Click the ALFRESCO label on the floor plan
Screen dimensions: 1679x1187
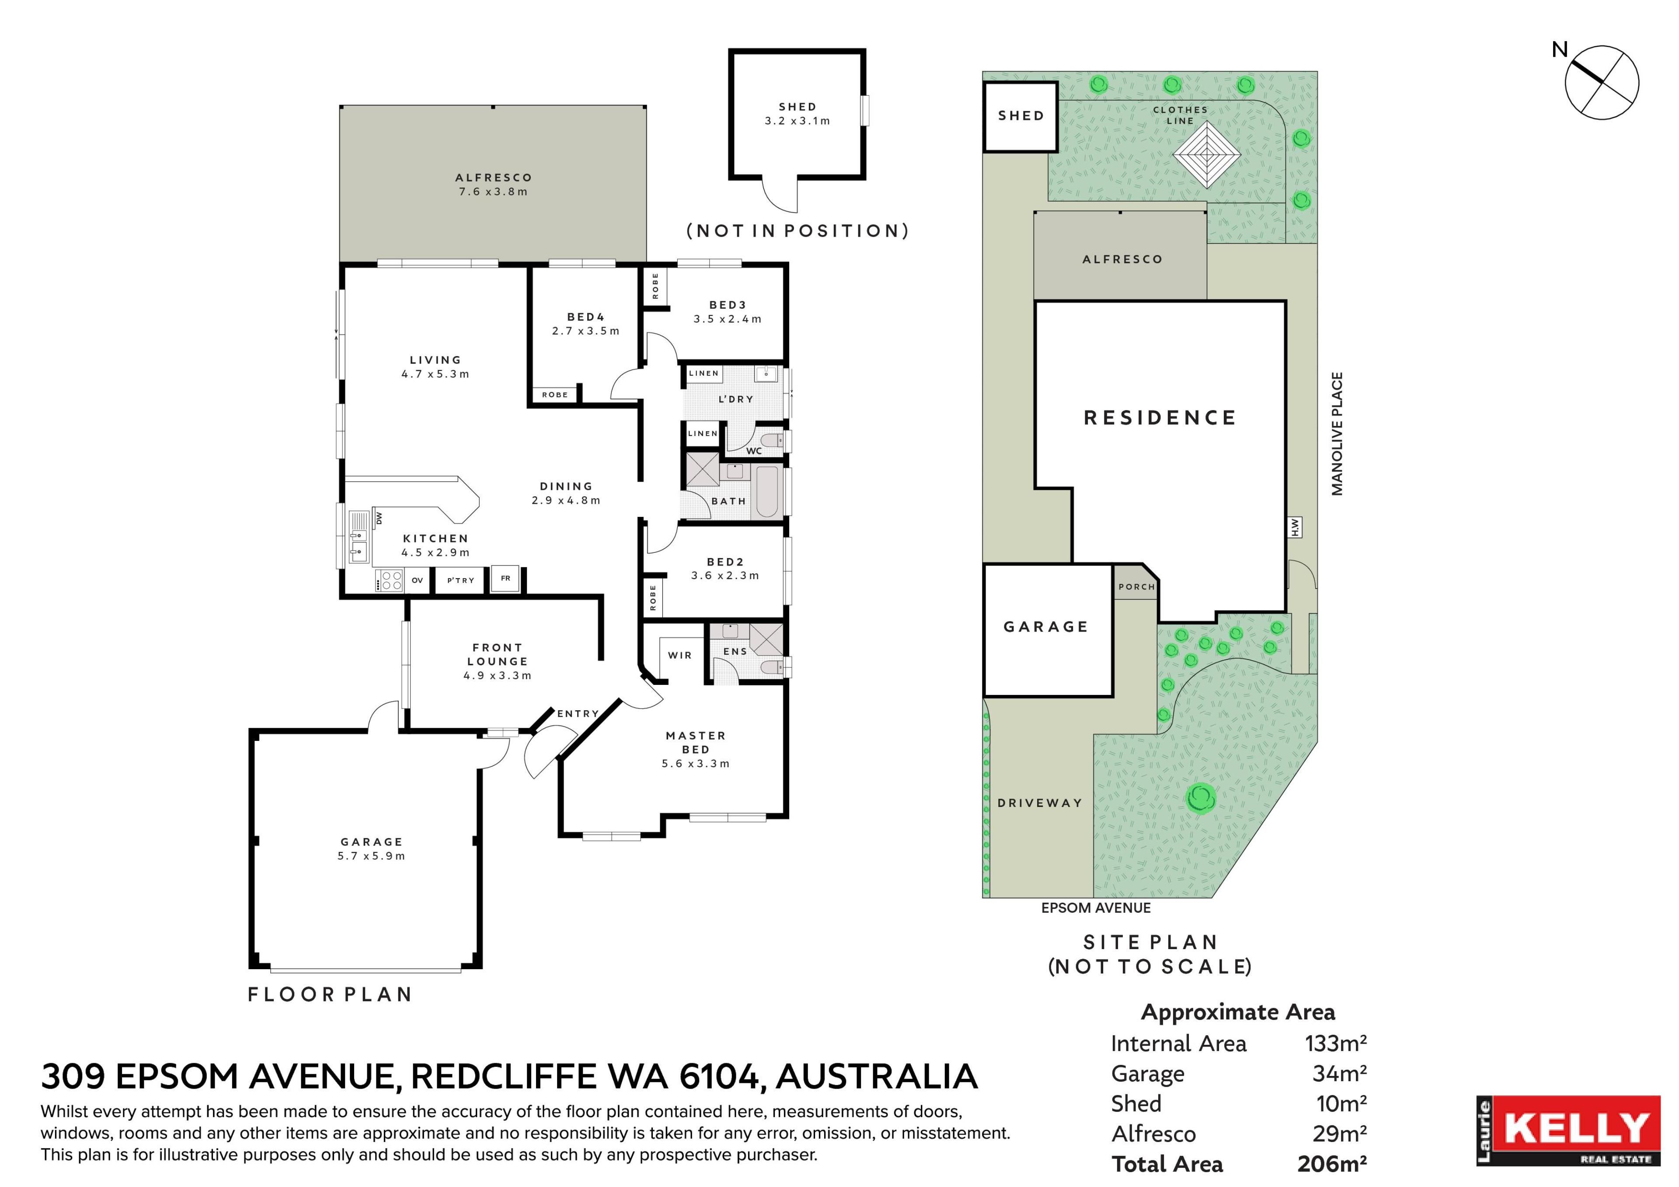(494, 178)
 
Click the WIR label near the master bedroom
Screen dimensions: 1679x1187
(680, 655)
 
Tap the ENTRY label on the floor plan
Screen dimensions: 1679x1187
(578, 714)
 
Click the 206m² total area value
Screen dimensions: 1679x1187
(1332, 1163)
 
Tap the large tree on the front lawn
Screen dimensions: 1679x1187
(1201, 798)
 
